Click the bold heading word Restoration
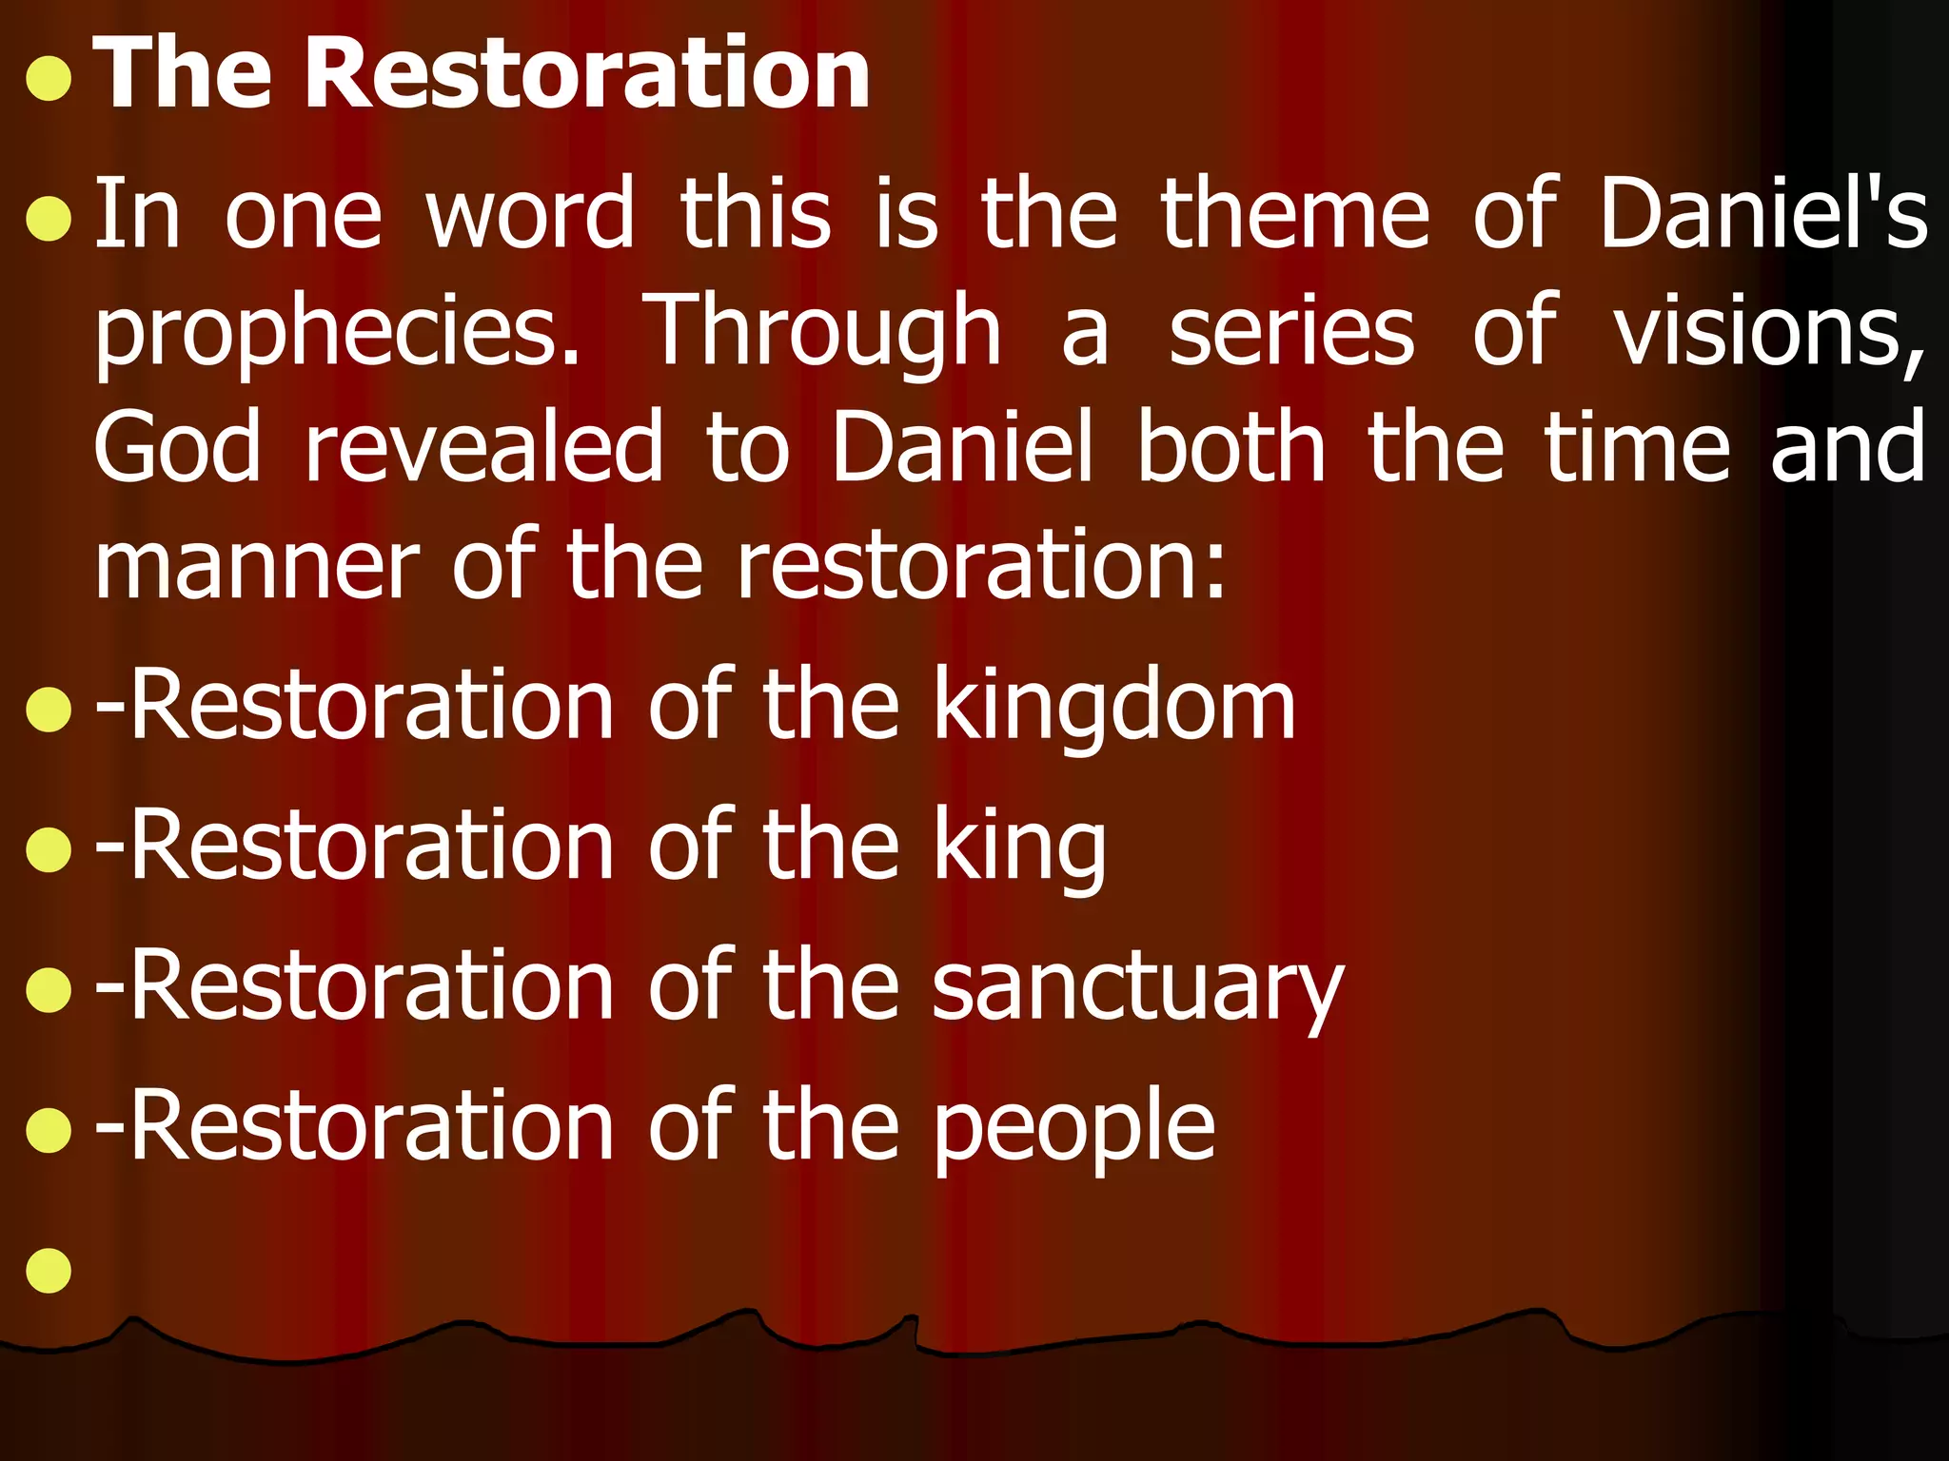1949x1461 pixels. (x=586, y=74)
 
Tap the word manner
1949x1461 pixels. (x=257, y=565)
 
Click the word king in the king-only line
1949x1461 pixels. (x=1019, y=847)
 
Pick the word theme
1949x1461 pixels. (x=1295, y=214)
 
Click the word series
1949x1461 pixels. (x=1291, y=331)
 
